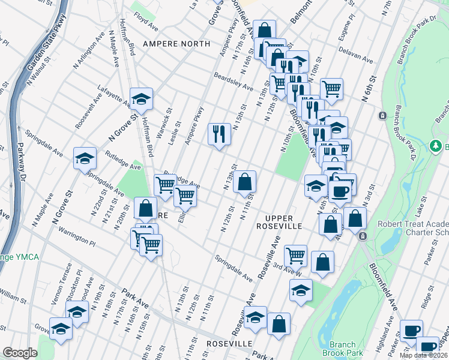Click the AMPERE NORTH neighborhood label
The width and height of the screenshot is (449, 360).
(176, 44)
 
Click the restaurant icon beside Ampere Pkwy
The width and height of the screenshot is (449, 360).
(219, 134)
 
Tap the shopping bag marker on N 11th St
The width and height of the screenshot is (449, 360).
(244, 182)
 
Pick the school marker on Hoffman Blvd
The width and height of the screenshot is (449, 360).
(141, 100)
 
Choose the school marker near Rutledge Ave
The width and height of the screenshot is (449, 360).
(85, 158)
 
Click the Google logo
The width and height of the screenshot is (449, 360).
(20, 353)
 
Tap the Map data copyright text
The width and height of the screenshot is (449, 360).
(423, 355)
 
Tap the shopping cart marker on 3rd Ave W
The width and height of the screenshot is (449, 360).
(295, 256)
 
